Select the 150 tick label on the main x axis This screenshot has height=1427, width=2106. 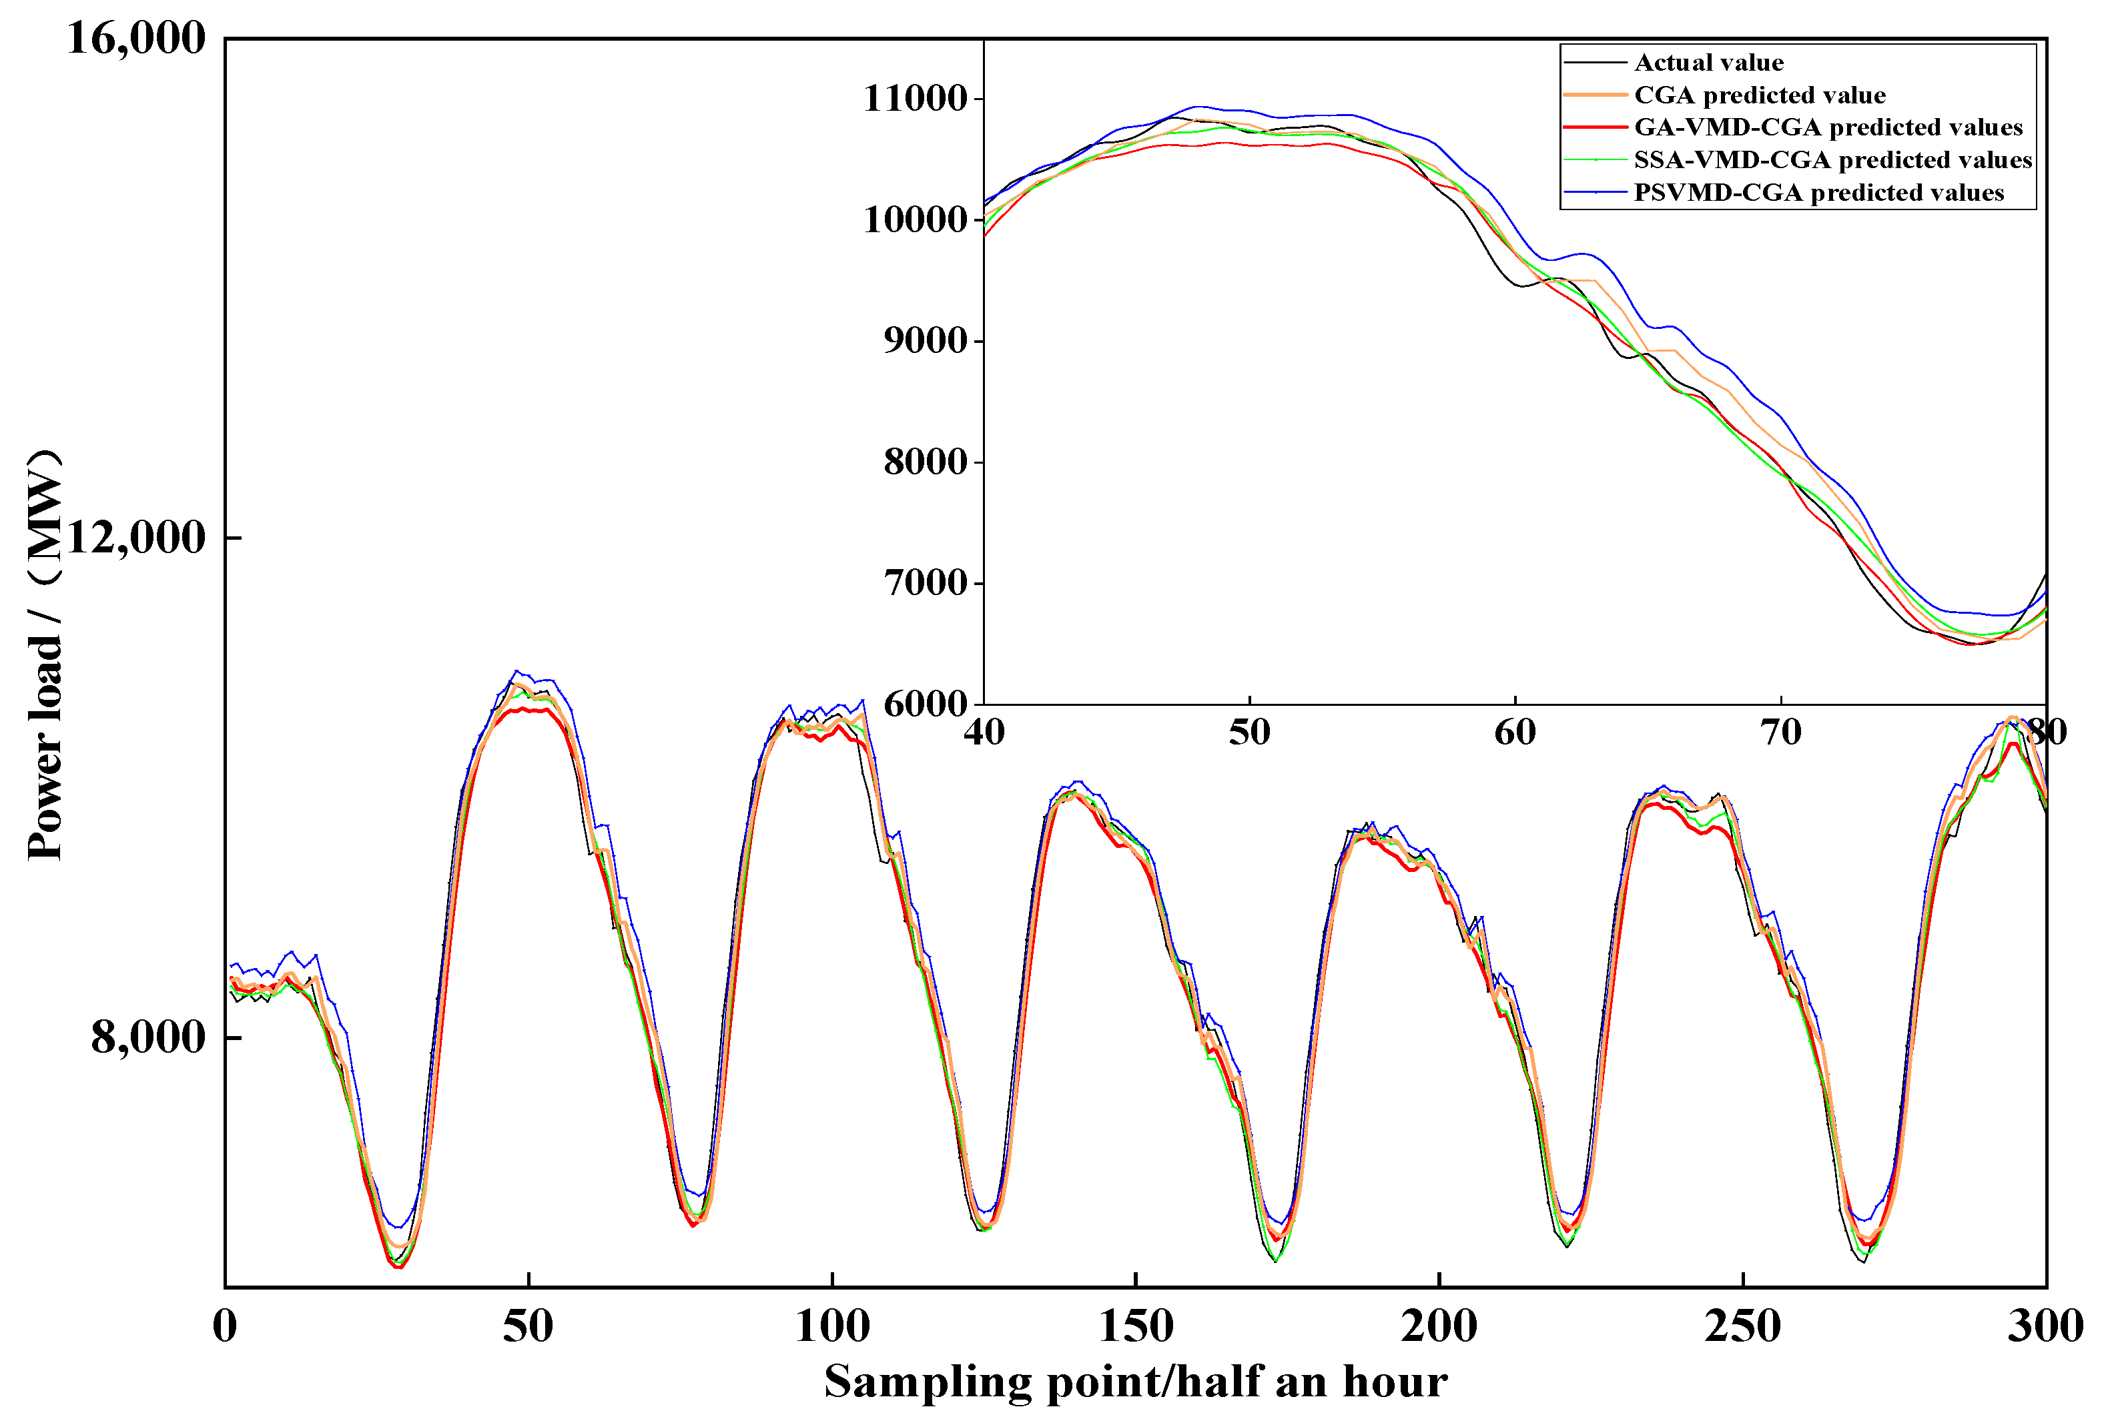1136,1326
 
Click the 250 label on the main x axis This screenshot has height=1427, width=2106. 1742,1326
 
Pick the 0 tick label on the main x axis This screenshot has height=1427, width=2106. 225,1326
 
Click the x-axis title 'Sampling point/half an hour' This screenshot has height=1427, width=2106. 1136,1382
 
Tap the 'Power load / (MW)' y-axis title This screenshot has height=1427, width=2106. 45,654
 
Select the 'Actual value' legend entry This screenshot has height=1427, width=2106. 1708,63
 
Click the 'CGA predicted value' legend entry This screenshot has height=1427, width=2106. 1759,95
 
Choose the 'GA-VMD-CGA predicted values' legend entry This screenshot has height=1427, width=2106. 1828,127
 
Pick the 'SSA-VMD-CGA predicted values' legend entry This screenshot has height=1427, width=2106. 1832,160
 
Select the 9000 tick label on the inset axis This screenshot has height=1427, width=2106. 926,341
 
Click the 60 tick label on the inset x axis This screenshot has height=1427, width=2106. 1515,732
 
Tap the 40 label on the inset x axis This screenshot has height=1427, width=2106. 984,732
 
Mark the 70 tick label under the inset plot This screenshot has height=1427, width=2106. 1780,732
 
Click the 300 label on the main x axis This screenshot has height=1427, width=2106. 2045,1326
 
